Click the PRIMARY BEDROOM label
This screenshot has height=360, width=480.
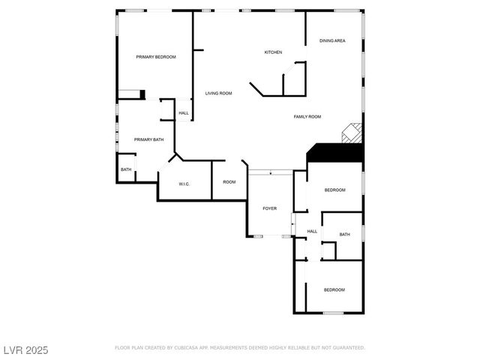point(155,57)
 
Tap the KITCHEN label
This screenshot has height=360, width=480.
point(273,52)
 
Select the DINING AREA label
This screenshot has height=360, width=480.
point(332,40)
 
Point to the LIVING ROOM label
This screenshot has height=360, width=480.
point(219,93)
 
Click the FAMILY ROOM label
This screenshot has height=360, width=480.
point(307,116)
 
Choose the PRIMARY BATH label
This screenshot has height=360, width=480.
point(148,139)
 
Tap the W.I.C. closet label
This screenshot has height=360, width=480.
point(184,184)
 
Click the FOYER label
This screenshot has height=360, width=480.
point(269,208)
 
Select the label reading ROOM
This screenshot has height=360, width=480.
point(229,182)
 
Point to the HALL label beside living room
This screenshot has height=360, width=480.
point(184,114)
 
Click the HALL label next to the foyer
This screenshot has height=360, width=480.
point(313,231)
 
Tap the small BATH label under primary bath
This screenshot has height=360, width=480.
point(126,169)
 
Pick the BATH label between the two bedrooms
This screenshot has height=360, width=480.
point(344,235)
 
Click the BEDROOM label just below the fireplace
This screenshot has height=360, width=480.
point(334,190)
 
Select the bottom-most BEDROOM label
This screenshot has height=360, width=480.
point(334,289)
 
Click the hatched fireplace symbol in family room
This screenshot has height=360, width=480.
point(352,133)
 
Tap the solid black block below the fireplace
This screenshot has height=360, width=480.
point(336,152)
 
